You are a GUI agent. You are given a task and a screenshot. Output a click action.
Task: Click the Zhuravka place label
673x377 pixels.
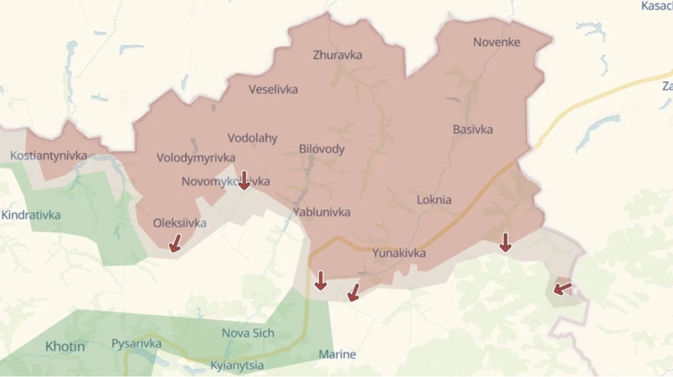(x=337, y=55)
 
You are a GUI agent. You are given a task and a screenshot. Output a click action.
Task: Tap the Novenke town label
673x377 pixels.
(x=496, y=42)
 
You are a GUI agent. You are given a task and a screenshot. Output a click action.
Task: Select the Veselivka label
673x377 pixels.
(x=273, y=89)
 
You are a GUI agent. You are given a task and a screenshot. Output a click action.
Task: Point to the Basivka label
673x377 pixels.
(x=473, y=129)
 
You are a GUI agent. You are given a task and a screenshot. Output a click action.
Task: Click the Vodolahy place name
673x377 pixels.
(x=252, y=137)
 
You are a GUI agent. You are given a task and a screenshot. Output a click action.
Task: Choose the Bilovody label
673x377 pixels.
(x=322, y=149)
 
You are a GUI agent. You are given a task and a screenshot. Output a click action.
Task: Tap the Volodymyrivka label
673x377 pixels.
(x=196, y=157)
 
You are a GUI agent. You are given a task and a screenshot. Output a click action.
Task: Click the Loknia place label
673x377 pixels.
(x=434, y=199)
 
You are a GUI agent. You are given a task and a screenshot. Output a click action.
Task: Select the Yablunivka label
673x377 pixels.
(x=322, y=212)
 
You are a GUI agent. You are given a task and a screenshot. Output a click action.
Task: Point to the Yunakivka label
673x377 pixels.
(x=399, y=253)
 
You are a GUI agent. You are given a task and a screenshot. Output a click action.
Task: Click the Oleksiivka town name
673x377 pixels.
(x=180, y=223)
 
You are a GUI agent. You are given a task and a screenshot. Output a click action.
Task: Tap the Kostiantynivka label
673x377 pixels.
(x=49, y=156)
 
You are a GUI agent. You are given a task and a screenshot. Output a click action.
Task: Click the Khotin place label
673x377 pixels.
(x=66, y=346)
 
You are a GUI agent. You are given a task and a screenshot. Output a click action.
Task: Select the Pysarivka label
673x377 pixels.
(x=136, y=344)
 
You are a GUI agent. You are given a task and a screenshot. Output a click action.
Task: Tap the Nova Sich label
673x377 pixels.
(x=248, y=332)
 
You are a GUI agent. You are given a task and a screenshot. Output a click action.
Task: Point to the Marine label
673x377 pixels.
(x=337, y=354)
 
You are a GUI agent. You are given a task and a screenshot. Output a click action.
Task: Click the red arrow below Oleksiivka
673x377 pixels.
(x=176, y=242)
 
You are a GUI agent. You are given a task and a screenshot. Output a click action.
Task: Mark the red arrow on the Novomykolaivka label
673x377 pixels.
(x=244, y=180)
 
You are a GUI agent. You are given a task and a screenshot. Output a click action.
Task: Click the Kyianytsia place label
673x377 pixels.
(x=237, y=365)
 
